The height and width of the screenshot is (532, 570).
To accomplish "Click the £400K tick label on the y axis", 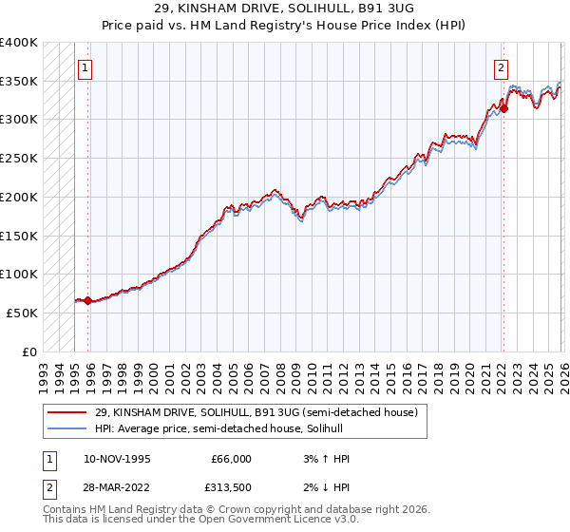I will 19,43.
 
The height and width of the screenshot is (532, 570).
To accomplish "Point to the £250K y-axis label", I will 19,159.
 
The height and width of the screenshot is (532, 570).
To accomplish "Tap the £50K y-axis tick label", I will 22,313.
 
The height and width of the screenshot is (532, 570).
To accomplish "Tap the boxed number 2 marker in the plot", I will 501,67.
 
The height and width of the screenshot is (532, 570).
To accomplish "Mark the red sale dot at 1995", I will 87,301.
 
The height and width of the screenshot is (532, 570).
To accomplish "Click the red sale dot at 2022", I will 503,108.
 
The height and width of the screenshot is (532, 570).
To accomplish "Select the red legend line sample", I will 67,412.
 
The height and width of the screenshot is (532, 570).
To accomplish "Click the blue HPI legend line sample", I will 67,428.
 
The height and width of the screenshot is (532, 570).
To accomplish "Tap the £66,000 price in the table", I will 231,459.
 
